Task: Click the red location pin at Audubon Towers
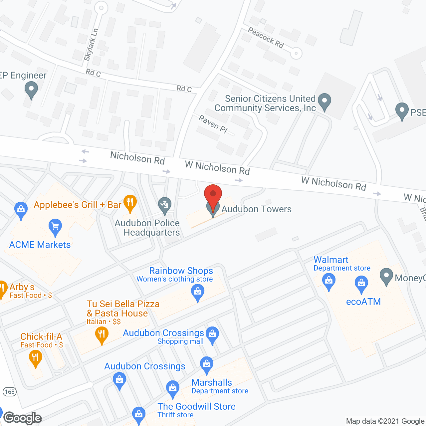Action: (213, 194)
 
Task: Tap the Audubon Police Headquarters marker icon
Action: (164, 205)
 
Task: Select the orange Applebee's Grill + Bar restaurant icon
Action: (130, 203)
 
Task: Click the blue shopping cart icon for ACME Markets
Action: (55, 227)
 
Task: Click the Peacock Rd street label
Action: (266, 38)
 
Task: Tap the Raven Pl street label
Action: (213, 124)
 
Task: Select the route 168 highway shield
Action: (10, 391)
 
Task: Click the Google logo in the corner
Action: (23, 418)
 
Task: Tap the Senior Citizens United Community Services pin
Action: (324, 101)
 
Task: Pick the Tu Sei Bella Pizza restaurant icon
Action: (102, 335)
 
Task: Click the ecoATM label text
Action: (363, 302)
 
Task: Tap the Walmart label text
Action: (331, 260)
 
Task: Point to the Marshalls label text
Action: (212, 382)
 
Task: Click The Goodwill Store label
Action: (196, 406)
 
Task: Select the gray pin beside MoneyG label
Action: (386, 276)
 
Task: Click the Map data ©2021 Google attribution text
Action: (385, 421)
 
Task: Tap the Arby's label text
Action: (22, 287)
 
